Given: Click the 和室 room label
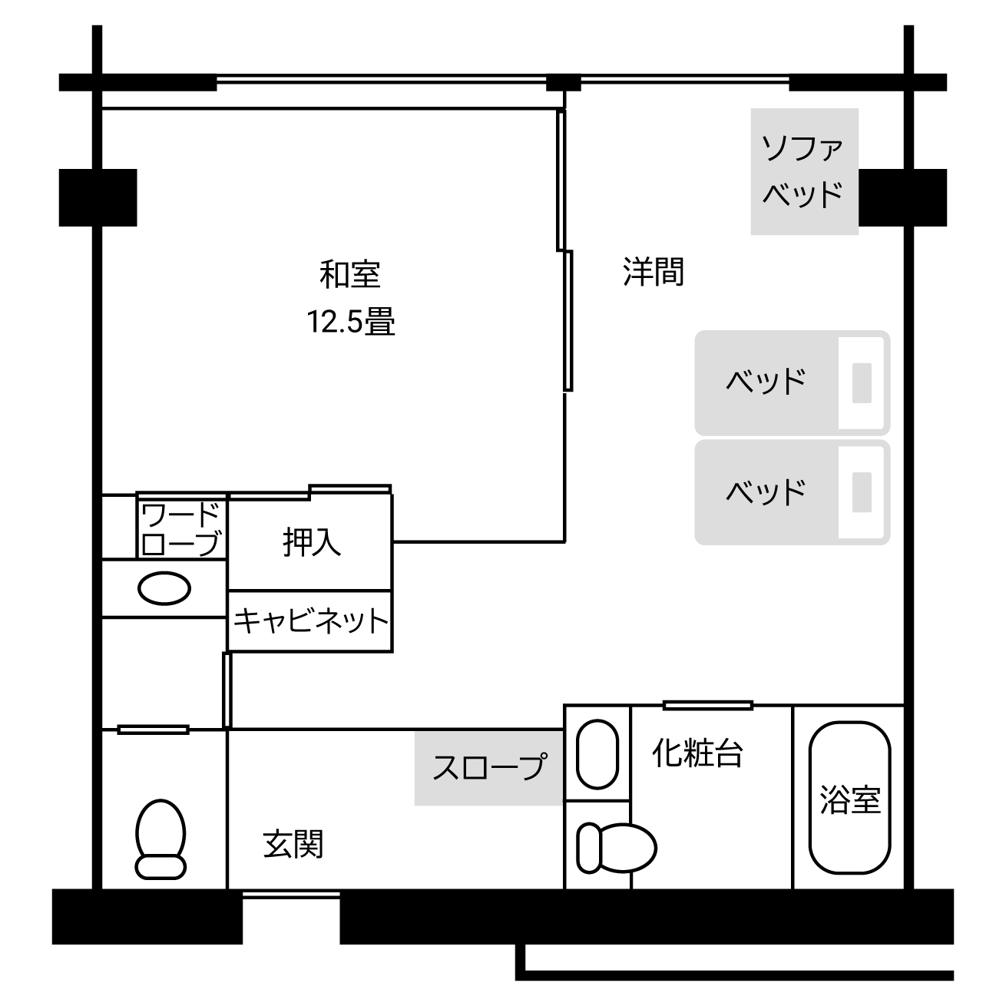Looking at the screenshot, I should click(350, 274).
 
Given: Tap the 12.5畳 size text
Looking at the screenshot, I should click(351, 321).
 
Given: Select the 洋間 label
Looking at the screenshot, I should click(653, 272).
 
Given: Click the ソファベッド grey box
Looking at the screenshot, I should click(803, 171).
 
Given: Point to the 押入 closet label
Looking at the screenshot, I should click(311, 542).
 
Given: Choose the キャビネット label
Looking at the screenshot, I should click(311, 620).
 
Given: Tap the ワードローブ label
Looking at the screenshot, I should click(181, 528).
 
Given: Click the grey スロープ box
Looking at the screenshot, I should click(489, 768).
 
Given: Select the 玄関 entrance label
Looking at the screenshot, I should click(293, 844).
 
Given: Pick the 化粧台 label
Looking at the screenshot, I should click(697, 753).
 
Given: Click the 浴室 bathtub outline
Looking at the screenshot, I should click(849, 797).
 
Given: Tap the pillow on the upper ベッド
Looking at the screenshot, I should click(862, 382).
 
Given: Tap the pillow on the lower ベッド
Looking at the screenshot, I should click(862, 492).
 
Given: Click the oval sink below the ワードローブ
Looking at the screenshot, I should click(164, 589).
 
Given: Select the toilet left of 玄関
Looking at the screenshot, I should click(160, 839).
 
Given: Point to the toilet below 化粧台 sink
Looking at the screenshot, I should click(617, 847).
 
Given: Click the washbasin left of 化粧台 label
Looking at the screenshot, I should click(597, 754).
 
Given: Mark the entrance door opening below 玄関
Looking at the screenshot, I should click(291, 894).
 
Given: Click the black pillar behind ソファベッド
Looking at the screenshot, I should click(903, 198).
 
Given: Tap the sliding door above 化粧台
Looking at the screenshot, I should click(707, 705).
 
